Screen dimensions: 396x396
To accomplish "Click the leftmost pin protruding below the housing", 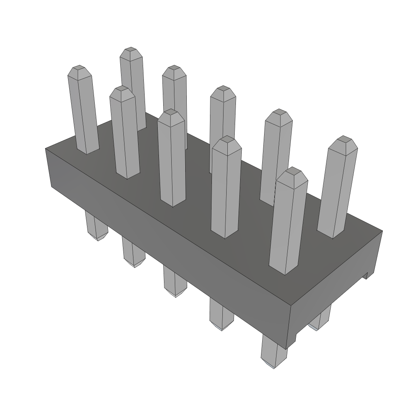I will [96, 228].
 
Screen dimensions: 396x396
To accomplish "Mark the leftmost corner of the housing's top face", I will [46, 148].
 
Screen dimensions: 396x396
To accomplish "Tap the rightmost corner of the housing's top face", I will [382, 231].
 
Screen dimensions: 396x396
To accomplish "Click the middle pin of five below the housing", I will [175, 282].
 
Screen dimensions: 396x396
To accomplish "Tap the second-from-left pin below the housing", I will [133, 253].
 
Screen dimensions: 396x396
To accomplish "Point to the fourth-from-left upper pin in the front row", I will [226, 189].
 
